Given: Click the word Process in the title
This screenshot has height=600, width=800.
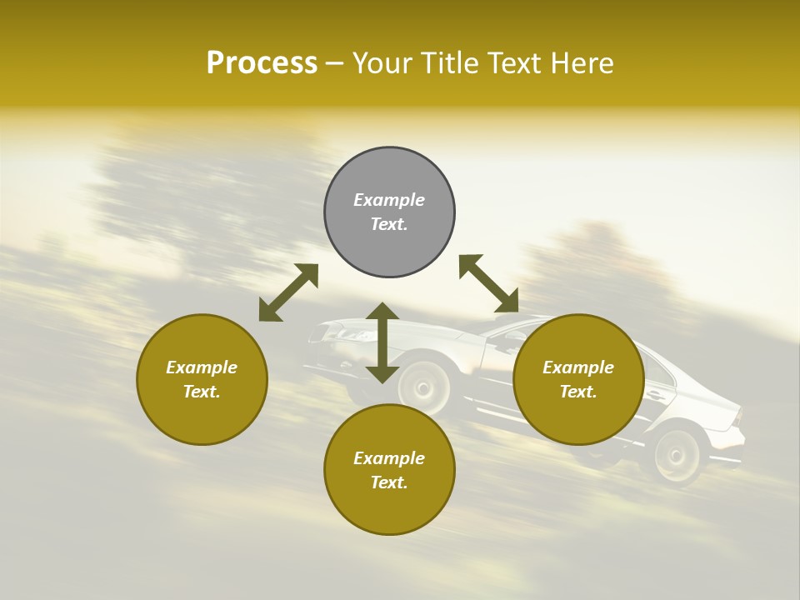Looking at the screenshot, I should point(262,63).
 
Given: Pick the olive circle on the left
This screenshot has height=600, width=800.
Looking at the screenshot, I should point(202,417).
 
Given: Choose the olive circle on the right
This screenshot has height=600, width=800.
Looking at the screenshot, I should point(578,417).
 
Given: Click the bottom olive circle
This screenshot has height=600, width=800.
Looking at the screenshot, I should point(389,508).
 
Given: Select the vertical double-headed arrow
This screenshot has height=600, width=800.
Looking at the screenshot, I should point(382,342).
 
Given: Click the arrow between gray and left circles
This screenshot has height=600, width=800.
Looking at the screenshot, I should point(288,292).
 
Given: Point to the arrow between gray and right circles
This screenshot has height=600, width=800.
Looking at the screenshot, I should point(488,283).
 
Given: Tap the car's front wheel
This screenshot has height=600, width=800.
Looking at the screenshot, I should point(422,387).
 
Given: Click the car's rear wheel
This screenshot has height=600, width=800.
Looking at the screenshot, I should point(677,456).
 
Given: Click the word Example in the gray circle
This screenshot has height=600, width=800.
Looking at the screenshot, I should point(389,200).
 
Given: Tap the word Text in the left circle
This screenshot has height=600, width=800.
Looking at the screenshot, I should point(201,392).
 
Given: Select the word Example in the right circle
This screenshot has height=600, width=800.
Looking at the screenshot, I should point(578,367).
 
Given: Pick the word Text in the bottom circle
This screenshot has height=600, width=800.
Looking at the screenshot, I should point(388,482).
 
